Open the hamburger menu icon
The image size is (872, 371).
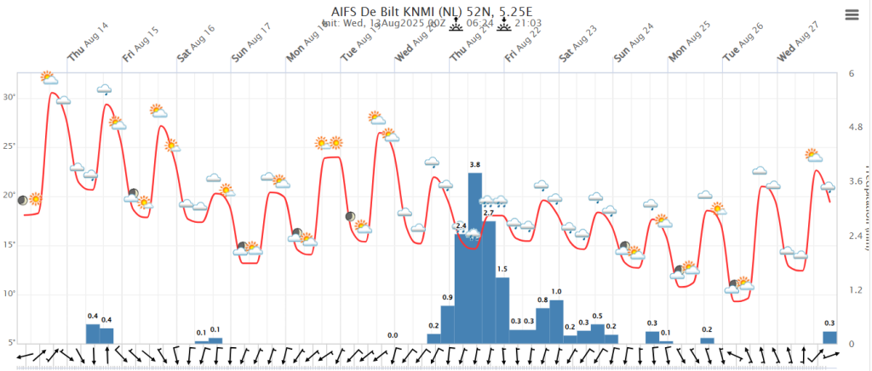click(x=852, y=14)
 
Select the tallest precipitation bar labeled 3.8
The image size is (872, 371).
click(x=475, y=255)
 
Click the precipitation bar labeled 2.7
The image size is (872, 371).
click(x=489, y=281)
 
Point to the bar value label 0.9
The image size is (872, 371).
click(x=448, y=297)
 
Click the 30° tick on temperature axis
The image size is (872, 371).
click(x=10, y=97)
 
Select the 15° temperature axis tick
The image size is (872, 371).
click(x=10, y=245)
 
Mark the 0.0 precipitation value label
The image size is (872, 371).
click(x=393, y=335)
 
